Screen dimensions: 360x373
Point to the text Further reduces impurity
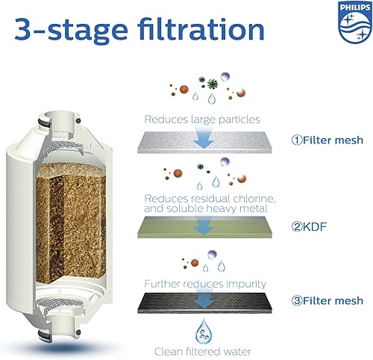tap(204, 285)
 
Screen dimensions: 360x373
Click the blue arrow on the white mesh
tap(203, 135)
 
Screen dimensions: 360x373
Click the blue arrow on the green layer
tap(203, 225)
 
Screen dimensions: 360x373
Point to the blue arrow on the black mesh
tap(203, 301)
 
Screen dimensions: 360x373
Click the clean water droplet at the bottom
tap(203, 329)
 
